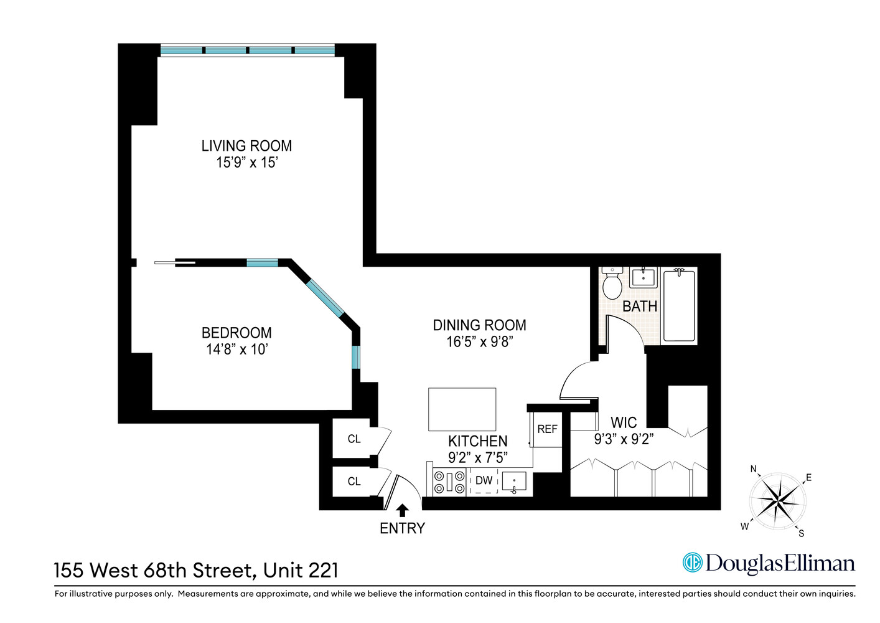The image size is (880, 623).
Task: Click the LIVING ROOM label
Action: click(x=246, y=146)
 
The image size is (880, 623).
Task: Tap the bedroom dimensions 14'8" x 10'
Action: click(x=236, y=350)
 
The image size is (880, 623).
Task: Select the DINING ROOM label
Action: click(x=479, y=325)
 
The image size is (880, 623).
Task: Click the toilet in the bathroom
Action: click(x=612, y=285)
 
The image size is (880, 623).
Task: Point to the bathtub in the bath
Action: click(x=679, y=305)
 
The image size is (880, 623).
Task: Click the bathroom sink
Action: click(x=643, y=277)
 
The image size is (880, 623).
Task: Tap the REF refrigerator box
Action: click(x=547, y=429)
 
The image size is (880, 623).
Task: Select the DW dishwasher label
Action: click(x=484, y=480)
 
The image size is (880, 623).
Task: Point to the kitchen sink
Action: click(x=514, y=482)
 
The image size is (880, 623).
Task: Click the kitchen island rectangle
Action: click(x=462, y=409)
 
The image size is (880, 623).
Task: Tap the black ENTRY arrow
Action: click(x=403, y=510)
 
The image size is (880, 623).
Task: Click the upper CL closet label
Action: click(x=354, y=439)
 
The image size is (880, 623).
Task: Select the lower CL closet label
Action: click(x=354, y=482)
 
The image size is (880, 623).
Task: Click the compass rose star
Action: click(x=777, y=500)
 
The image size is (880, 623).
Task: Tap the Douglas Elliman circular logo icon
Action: click(x=692, y=563)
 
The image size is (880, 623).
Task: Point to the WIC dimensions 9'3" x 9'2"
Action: click(x=624, y=439)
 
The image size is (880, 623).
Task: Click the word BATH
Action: click(x=640, y=307)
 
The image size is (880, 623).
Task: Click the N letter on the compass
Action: click(x=754, y=469)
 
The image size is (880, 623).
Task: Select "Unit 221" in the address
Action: click(x=301, y=570)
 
